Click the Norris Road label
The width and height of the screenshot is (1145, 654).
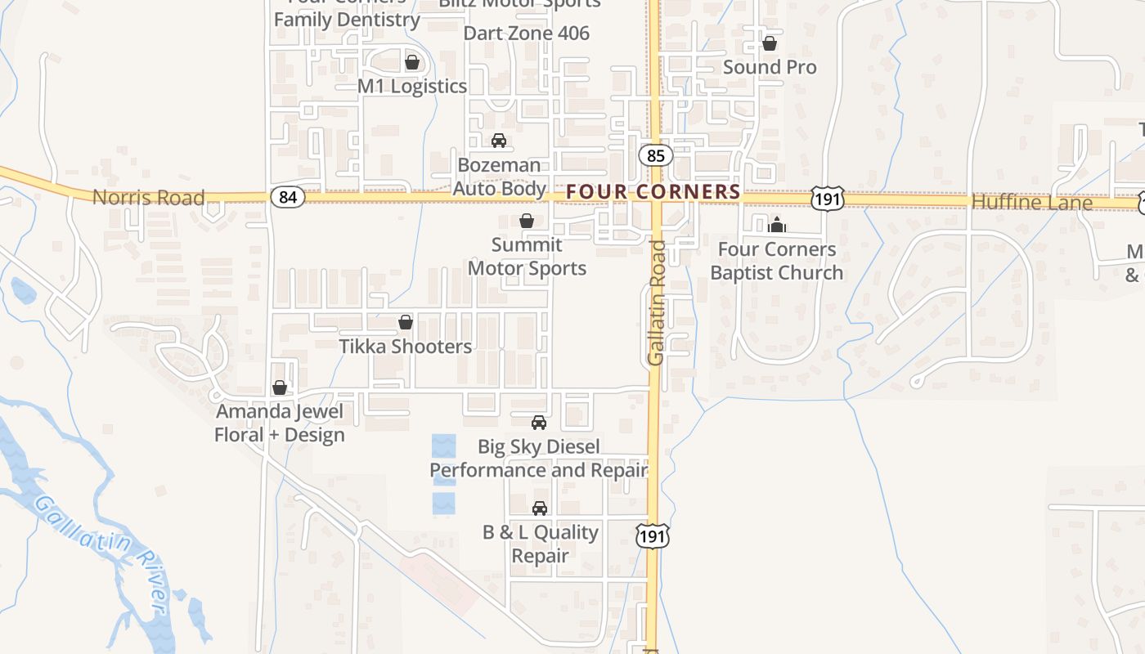coord(148,198)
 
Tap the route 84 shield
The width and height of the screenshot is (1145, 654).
coord(288,197)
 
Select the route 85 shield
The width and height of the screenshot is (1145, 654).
coord(655,155)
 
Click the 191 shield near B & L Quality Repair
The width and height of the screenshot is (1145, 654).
coord(651,535)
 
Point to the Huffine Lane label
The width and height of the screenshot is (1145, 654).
coord(1031,203)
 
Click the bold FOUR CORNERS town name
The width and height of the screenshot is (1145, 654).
coord(653,192)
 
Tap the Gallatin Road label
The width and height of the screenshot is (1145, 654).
coord(657,302)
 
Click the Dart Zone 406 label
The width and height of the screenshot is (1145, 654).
coord(526,34)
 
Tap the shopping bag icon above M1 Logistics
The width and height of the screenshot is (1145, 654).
coord(412,62)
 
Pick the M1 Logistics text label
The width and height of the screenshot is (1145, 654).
coord(412,87)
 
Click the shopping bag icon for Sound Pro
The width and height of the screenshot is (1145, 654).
coord(769,43)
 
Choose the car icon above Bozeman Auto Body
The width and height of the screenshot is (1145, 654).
coord(499,141)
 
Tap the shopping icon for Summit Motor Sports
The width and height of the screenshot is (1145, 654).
coord(527,221)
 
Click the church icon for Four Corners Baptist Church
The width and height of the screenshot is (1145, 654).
coord(776,224)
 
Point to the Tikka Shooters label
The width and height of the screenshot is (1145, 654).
coord(406,347)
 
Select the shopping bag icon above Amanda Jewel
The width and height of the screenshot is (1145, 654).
coord(280,387)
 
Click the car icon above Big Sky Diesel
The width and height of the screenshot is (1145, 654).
coord(538,423)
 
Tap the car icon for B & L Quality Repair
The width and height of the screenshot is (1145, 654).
coord(539,508)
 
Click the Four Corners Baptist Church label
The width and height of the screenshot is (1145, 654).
coord(776,261)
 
